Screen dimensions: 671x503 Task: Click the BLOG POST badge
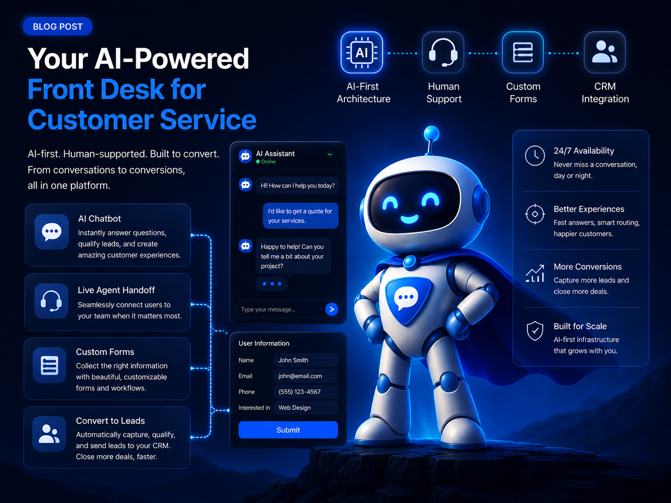[x=58, y=26]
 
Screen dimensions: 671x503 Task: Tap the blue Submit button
[x=288, y=430]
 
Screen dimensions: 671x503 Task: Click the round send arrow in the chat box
[x=332, y=309]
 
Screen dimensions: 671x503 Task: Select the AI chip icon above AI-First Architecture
[x=361, y=52]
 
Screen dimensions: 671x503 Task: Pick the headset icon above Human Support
[x=443, y=52]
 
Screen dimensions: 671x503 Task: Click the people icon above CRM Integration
[x=605, y=52]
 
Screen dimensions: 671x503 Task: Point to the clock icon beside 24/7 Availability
[x=535, y=156]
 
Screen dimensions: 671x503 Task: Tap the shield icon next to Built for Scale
[x=535, y=331]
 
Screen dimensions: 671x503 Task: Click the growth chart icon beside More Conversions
[x=535, y=273]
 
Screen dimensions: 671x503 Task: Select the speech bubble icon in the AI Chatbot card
[x=51, y=232]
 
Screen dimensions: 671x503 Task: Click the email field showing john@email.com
[x=306, y=376]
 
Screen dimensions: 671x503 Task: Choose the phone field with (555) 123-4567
[x=306, y=392]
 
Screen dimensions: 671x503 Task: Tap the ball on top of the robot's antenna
[x=431, y=133]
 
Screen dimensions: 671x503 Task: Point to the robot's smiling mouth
[x=409, y=219]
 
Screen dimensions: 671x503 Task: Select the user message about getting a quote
[x=300, y=216]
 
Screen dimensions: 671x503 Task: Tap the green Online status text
[x=268, y=162]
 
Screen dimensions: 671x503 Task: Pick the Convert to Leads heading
[x=110, y=421]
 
